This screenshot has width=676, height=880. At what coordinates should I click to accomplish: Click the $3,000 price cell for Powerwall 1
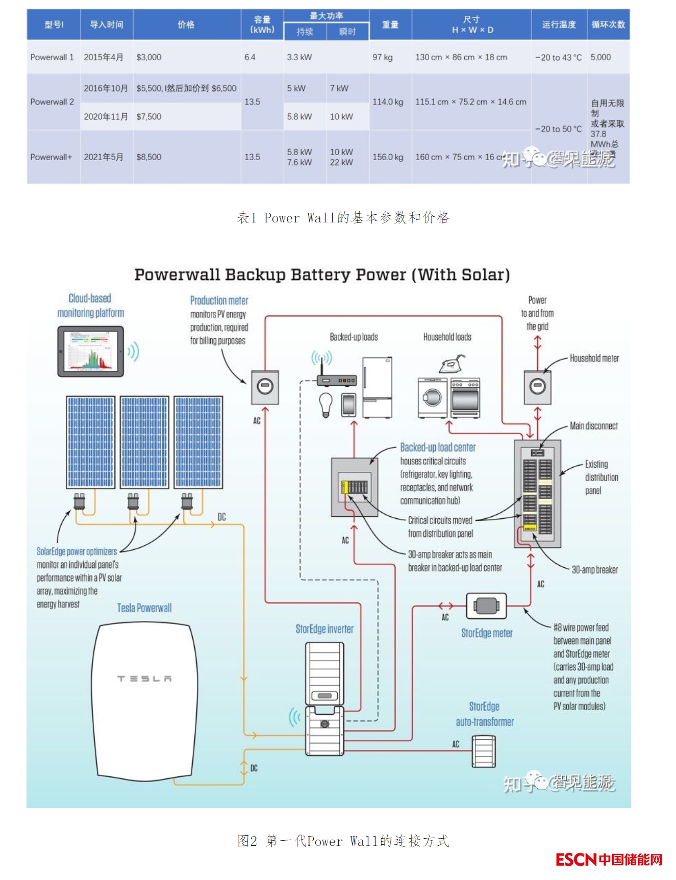coord(148,57)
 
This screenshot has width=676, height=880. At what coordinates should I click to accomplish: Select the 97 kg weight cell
coord(382,57)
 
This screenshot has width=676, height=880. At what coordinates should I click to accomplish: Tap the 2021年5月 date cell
coord(103,157)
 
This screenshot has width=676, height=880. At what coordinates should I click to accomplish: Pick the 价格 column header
coord(186,24)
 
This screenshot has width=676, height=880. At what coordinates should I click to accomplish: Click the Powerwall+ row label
coord(51,157)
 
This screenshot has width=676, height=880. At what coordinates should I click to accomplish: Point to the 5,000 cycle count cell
coord(600,57)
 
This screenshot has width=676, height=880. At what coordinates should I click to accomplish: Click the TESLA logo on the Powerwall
coord(144,678)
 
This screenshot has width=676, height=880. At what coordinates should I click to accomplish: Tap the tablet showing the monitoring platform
coord(91,352)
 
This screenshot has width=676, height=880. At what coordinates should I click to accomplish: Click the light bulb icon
coord(325,405)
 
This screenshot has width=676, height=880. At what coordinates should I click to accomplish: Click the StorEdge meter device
coord(486,606)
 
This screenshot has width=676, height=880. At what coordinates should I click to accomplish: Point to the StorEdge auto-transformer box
coord(483,751)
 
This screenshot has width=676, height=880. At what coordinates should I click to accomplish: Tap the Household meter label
coord(594,358)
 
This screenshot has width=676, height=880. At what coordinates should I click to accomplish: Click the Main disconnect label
coord(593,426)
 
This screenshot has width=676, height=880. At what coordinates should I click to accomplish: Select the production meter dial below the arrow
coord(265,387)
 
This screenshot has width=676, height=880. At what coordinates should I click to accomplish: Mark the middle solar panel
coord(144,442)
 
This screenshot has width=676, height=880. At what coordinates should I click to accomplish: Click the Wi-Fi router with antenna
coord(336,380)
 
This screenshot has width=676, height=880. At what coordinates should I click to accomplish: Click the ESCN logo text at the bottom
coord(576,860)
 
